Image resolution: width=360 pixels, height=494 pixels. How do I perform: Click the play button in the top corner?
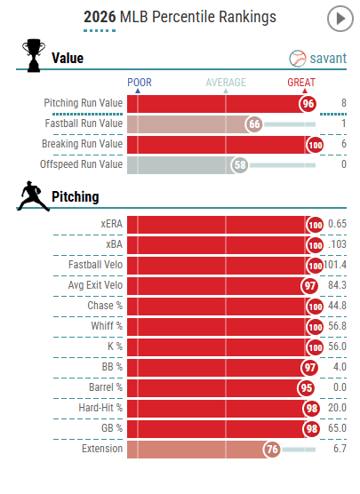tap(340, 19)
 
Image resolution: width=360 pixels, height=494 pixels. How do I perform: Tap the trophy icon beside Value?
tap(34, 56)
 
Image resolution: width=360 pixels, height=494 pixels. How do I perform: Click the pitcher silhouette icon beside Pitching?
tap(33, 196)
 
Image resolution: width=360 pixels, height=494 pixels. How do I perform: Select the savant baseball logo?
tap(297, 59)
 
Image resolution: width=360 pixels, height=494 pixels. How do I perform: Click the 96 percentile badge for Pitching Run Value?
tap(308, 104)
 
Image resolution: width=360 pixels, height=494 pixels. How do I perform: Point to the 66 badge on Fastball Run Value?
tap(254, 124)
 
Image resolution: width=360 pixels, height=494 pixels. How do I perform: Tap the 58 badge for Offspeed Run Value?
tap(240, 165)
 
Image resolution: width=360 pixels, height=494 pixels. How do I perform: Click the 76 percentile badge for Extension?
tap(272, 449)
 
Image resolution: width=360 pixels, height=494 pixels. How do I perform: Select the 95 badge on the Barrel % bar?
tap(306, 388)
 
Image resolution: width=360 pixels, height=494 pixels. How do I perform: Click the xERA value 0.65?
tap(337, 224)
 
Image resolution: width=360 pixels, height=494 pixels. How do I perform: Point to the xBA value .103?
tap(337, 244)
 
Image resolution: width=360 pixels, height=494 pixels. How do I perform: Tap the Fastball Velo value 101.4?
tap(335, 265)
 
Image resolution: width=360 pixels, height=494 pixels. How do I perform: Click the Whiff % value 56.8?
tap(337, 326)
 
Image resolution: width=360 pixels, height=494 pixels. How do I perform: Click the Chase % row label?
tap(105, 306)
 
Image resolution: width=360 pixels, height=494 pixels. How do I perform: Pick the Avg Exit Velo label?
tap(95, 285)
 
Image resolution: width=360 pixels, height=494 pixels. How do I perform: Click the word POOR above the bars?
tap(140, 83)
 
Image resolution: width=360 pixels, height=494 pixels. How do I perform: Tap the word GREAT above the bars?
tap(301, 83)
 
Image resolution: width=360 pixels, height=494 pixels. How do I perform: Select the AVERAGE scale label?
tap(226, 83)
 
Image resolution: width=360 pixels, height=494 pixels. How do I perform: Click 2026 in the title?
tap(100, 17)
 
